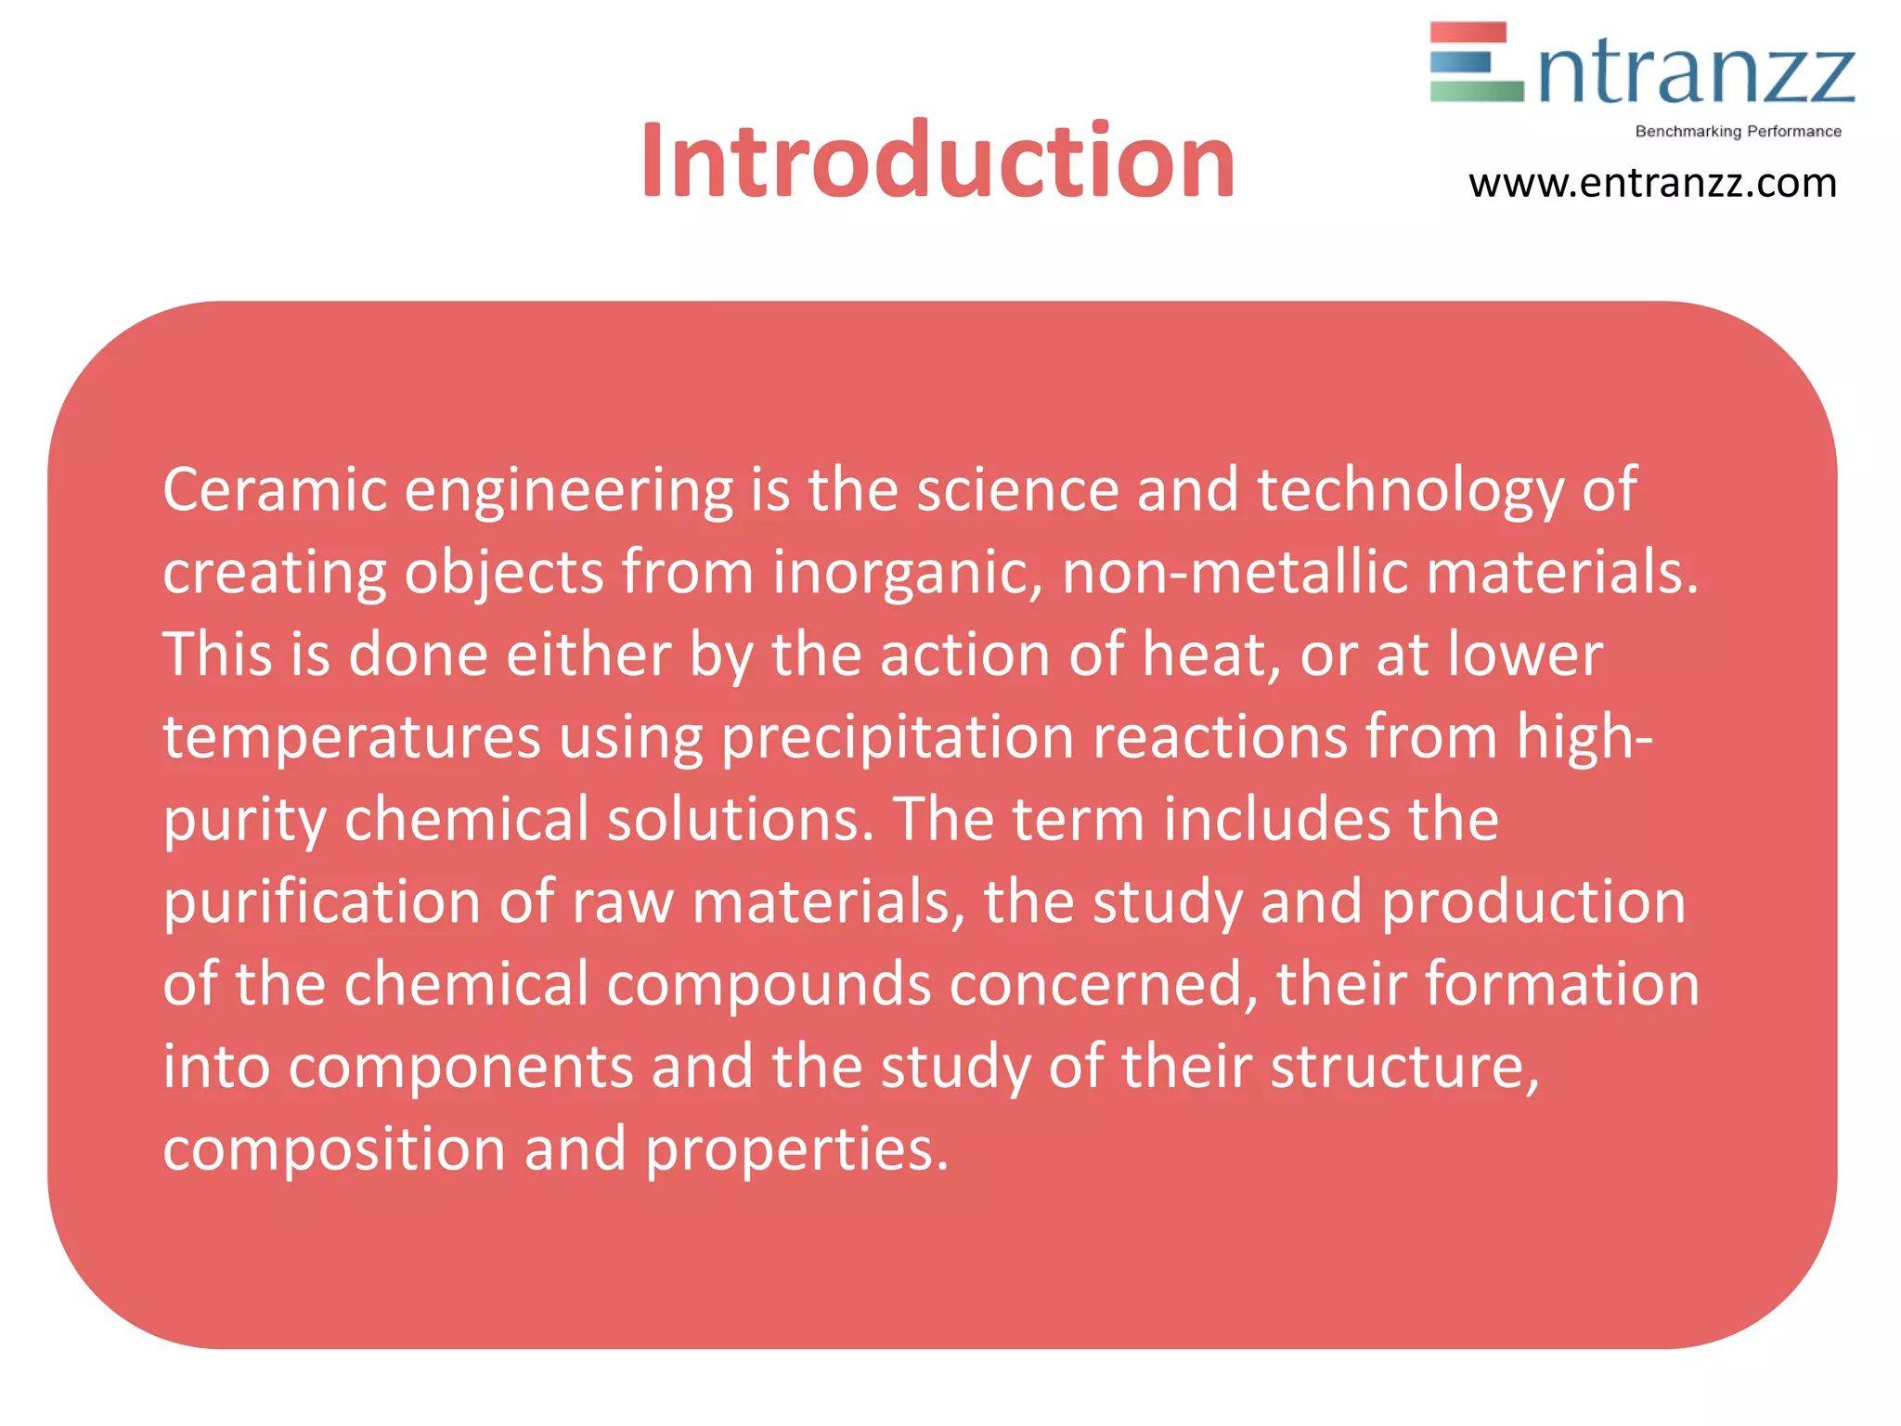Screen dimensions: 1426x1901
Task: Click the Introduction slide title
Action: pos(938,162)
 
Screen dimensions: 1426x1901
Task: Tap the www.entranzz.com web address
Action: pos(1652,183)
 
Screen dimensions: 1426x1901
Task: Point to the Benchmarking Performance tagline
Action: pos(1738,132)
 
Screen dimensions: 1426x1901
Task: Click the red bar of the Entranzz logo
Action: pos(1468,32)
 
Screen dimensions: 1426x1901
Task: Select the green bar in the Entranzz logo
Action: pos(1476,91)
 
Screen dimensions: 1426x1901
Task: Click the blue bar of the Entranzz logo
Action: pos(1460,62)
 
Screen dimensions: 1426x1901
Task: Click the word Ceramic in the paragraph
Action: pos(275,489)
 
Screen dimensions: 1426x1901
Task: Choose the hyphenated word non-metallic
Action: pos(1235,572)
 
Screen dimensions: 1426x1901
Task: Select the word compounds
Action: pos(769,984)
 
